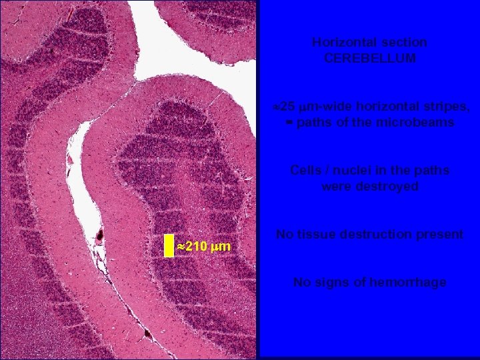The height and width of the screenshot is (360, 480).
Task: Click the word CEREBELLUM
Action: pos(369,58)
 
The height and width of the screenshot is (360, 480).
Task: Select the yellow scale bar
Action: pos(169,245)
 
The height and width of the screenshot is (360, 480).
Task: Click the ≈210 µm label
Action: pos(203,247)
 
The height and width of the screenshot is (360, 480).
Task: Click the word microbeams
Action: pos(419,123)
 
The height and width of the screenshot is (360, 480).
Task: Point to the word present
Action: pos(441,234)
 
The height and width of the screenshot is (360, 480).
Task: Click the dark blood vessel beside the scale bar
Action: pos(100,235)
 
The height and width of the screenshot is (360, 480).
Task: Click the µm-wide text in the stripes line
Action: pos(326,107)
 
